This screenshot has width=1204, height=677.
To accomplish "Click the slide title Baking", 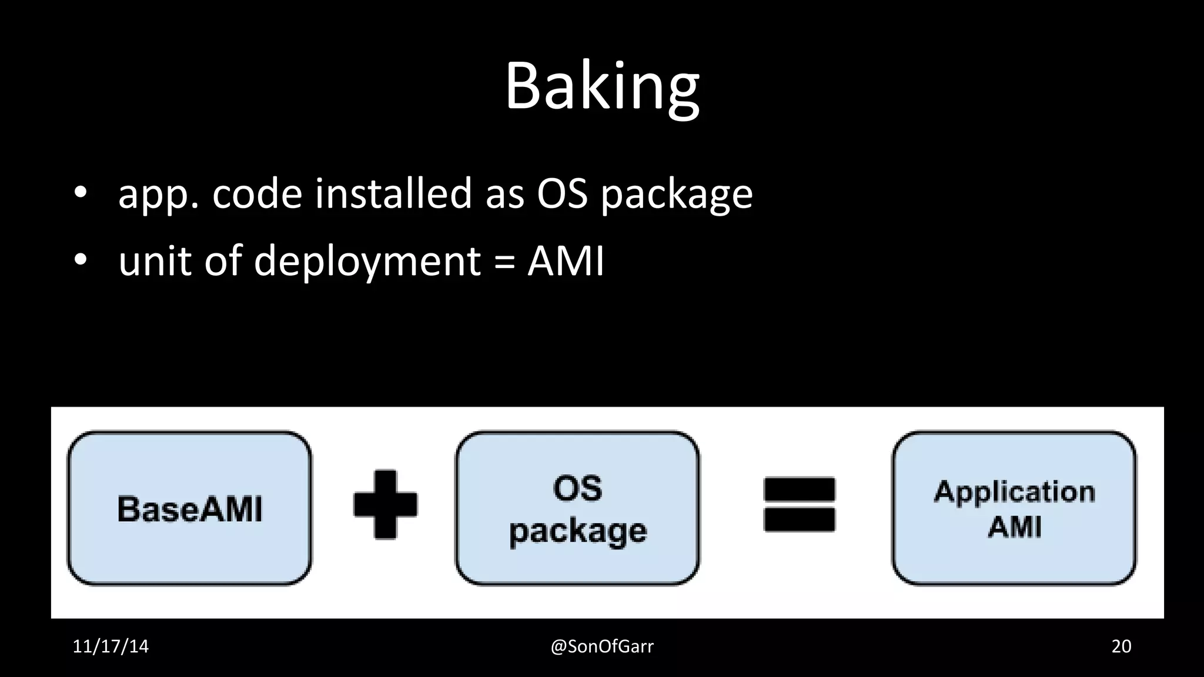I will [x=602, y=87].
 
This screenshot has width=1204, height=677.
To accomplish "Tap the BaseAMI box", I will [x=189, y=508].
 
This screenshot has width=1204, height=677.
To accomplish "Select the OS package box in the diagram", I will [x=577, y=508].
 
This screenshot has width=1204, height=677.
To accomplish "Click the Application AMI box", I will [x=1014, y=508].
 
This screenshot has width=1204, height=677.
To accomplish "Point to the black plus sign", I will [x=385, y=504].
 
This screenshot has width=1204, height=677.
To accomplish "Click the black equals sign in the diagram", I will [x=799, y=504].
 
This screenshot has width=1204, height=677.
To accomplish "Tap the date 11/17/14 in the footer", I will [x=111, y=646].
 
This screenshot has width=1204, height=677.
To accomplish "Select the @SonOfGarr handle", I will [x=602, y=646].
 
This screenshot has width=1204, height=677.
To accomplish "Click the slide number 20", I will [x=1121, y=646].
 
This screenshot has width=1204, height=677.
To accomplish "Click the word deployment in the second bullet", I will [x=367, y=260].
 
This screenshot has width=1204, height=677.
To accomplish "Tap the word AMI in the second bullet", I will [x=566, y=260].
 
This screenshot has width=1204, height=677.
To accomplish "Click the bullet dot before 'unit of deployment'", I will [x=81, y=259].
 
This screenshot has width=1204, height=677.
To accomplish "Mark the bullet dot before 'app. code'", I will [x=81, y=193].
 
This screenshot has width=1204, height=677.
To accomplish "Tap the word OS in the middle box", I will [x=577, y=488].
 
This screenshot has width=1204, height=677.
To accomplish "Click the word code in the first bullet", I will [x=257, y=193].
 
